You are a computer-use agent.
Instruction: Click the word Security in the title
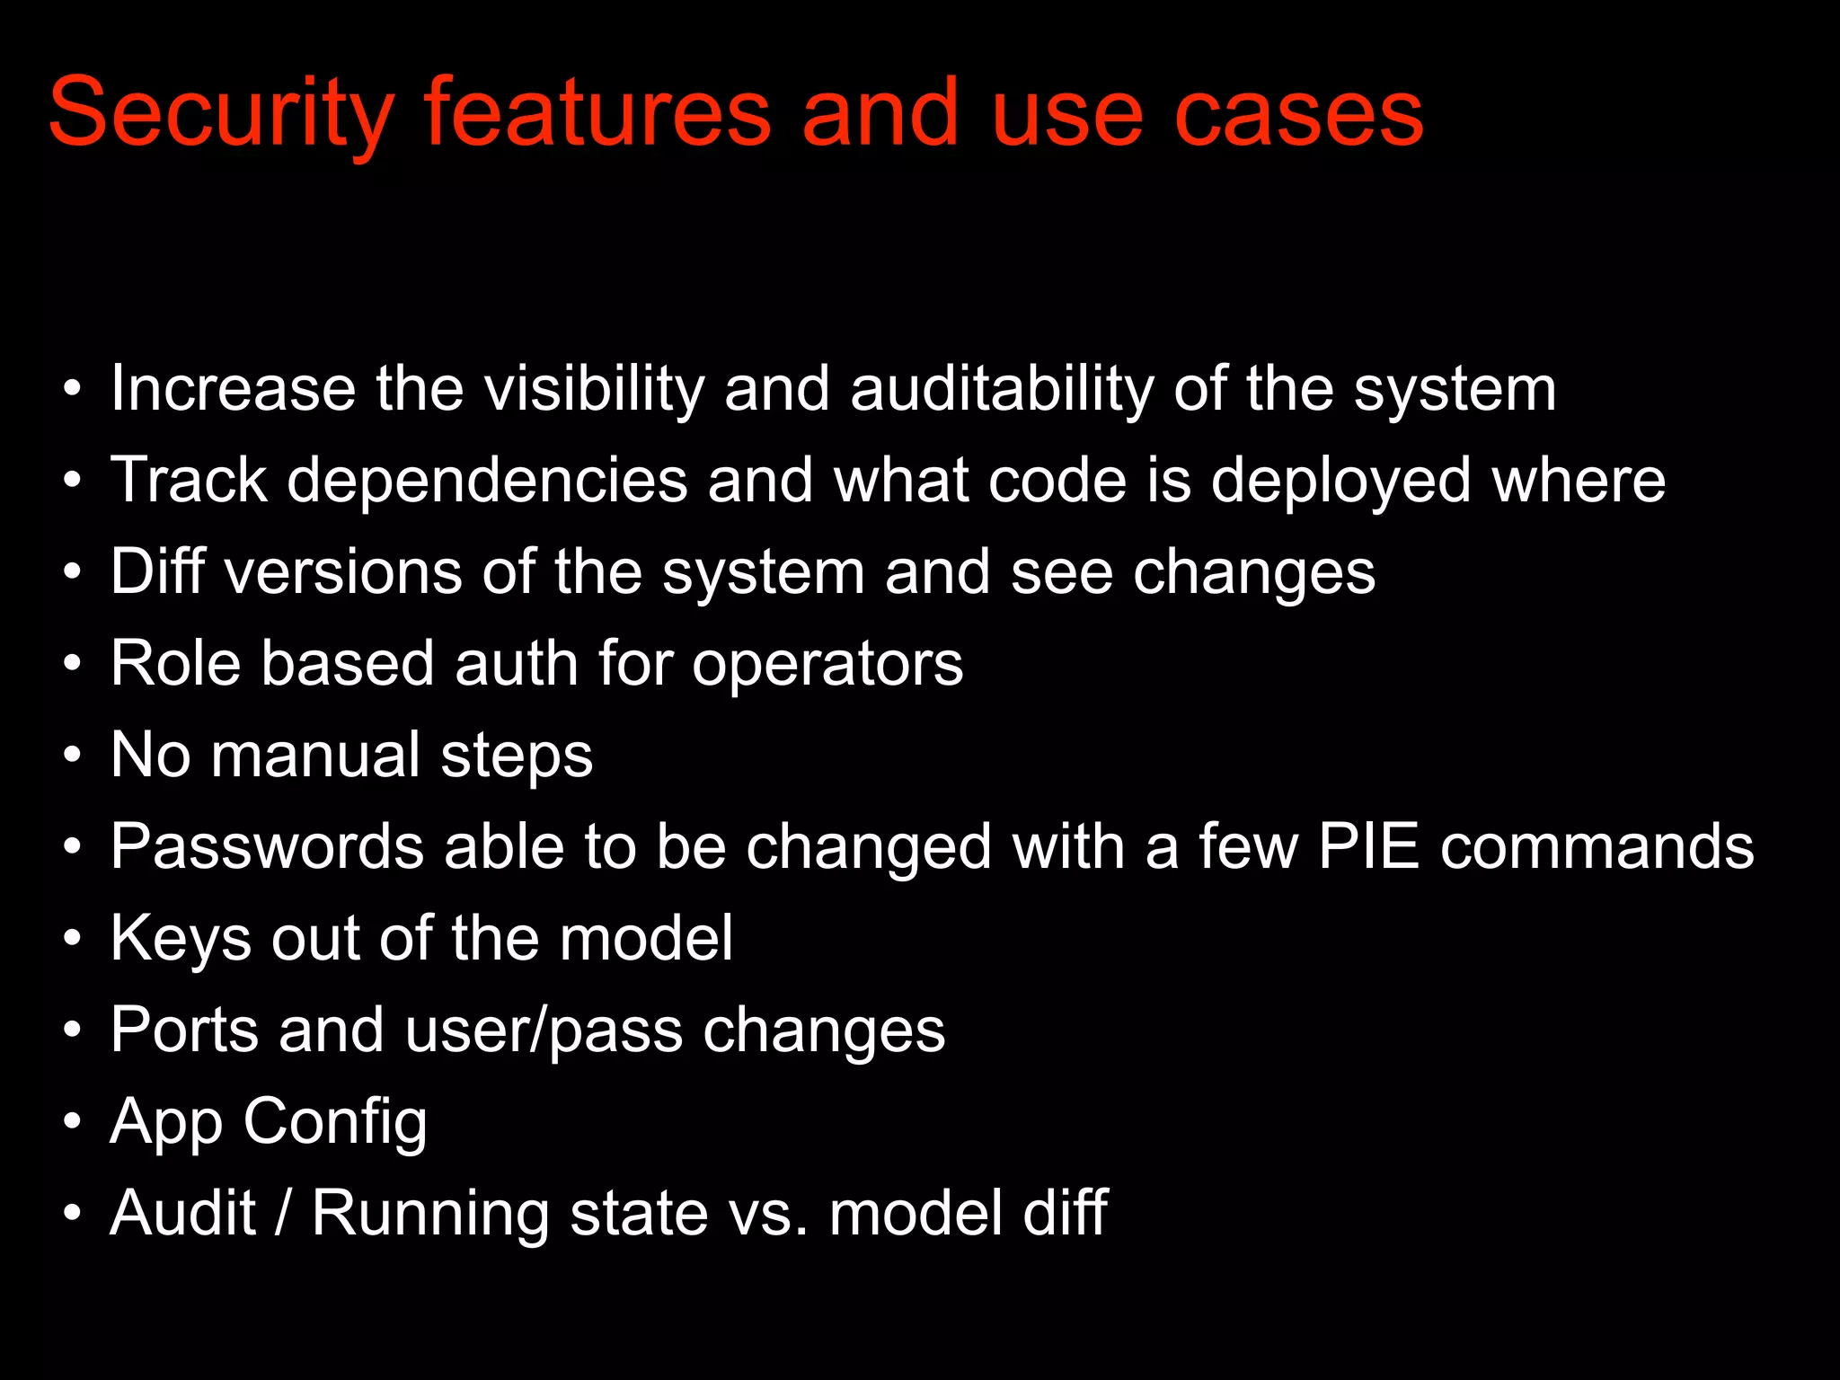pos(221,115)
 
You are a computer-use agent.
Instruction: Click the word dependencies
pos(488,481)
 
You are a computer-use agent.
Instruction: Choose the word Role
pos(176,664)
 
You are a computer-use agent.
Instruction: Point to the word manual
pos(315,756)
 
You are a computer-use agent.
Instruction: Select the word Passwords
pos(267,846)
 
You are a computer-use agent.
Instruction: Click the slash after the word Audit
pos(284,1214)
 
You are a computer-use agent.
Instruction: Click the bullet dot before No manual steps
pos(73,756)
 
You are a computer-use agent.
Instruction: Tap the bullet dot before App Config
pos(73,1122)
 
